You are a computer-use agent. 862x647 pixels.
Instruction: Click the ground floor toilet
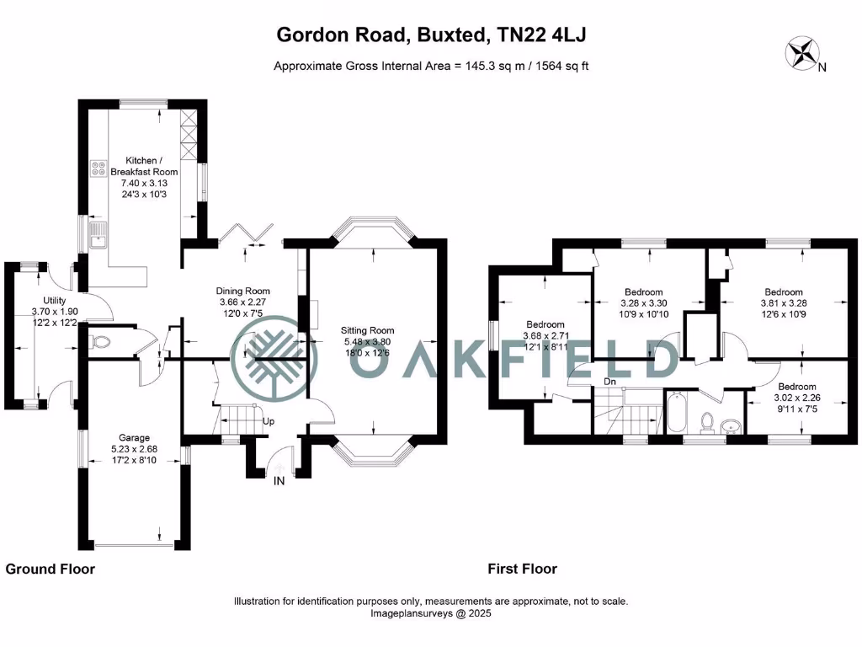(101, 342)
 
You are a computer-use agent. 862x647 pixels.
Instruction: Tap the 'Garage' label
(134, 437)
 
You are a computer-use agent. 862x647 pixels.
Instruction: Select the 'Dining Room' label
(244, 291)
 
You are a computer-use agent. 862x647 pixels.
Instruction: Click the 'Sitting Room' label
(367, 330)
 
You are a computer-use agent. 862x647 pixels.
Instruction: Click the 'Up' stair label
(269, 420)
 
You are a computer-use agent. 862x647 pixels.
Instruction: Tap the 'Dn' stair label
(609, 380)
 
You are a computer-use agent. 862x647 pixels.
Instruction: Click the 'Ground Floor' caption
(51, 569)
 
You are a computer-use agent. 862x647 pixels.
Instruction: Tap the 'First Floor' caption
(522, 569)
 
